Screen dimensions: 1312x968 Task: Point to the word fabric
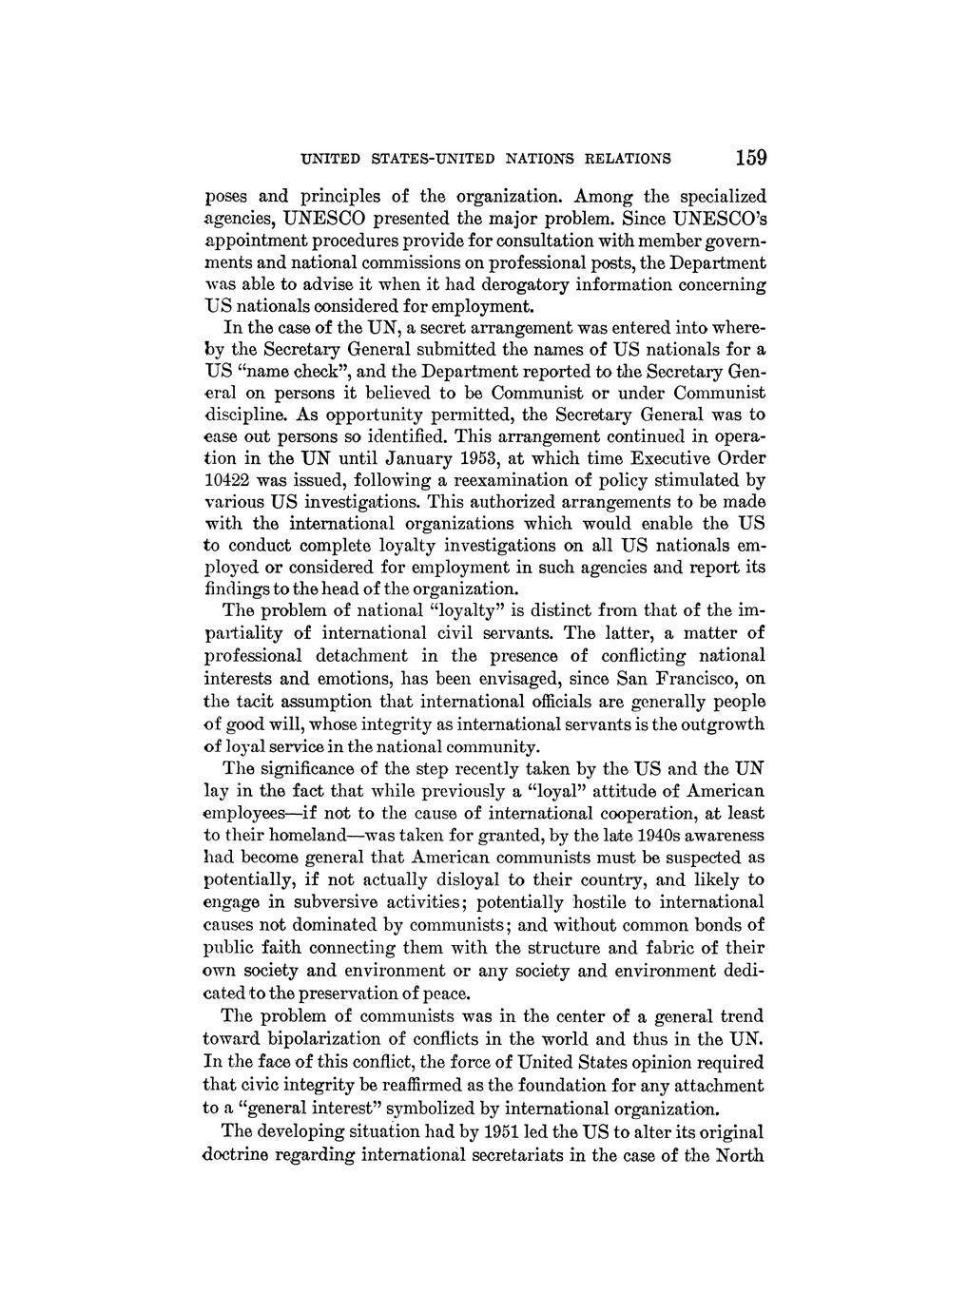coord(680,948)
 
